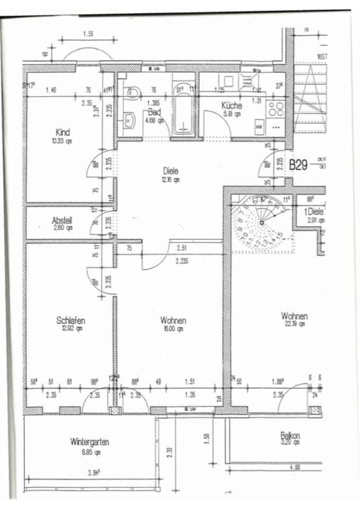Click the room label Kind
tap(63, 132)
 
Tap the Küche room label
tap(231, 106)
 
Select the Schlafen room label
tap(71, 320)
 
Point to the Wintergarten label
tap(89, 442)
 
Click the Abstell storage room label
tap(62, 221)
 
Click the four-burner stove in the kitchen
tap(276, 109)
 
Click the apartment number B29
tap(298, 165)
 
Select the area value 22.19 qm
tap(294, 324)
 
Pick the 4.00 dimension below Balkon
tap(295, 467)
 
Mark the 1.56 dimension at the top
tap(89, 34)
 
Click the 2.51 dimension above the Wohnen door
tap(181, 247)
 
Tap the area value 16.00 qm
tap(173, 329)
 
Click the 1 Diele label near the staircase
tap(314, 212)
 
